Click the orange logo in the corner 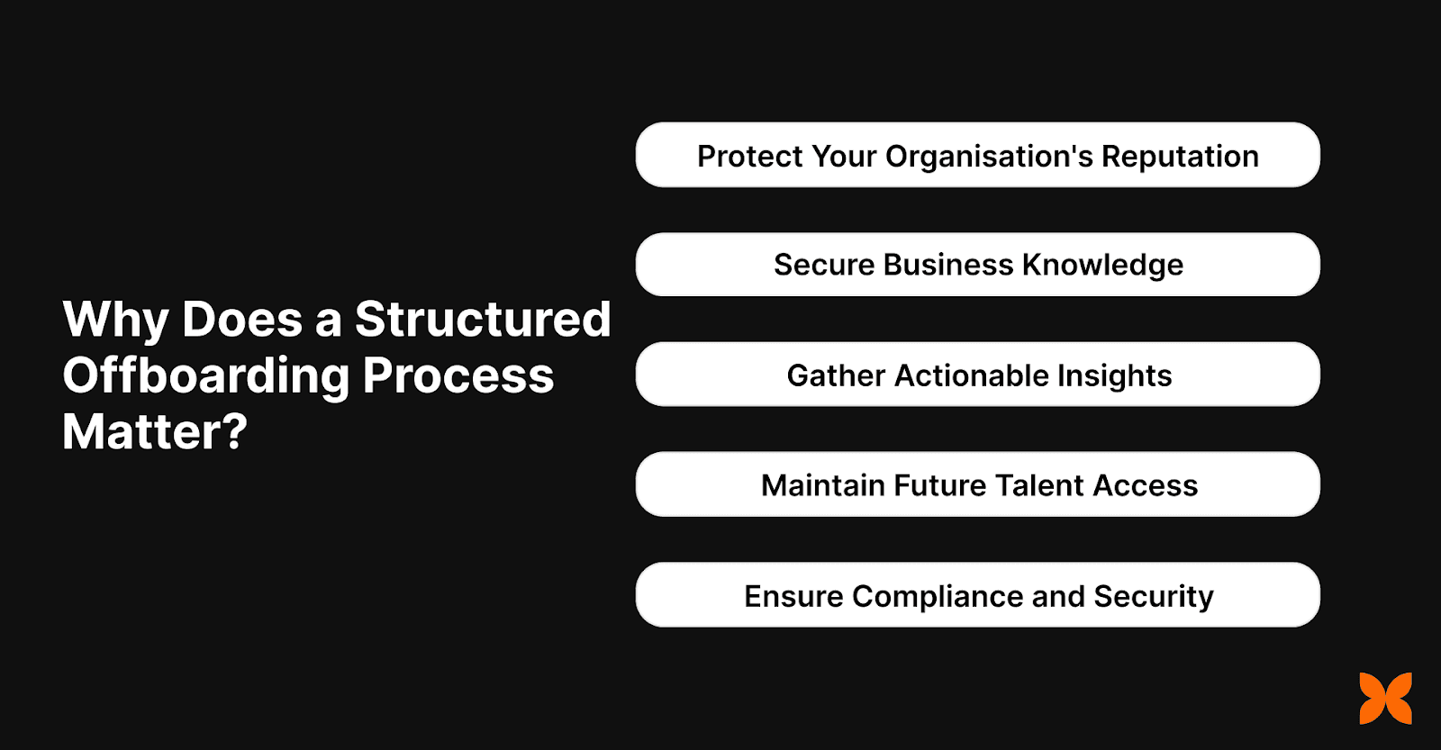1385,698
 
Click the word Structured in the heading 483,320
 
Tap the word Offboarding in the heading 206,376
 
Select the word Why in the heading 115,321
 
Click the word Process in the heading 458,376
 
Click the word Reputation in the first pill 1180,157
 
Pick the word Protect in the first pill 749,157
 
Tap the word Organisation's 989,158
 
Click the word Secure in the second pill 824,266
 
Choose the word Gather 836,375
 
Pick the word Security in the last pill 1154,597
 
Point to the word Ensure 793,596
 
